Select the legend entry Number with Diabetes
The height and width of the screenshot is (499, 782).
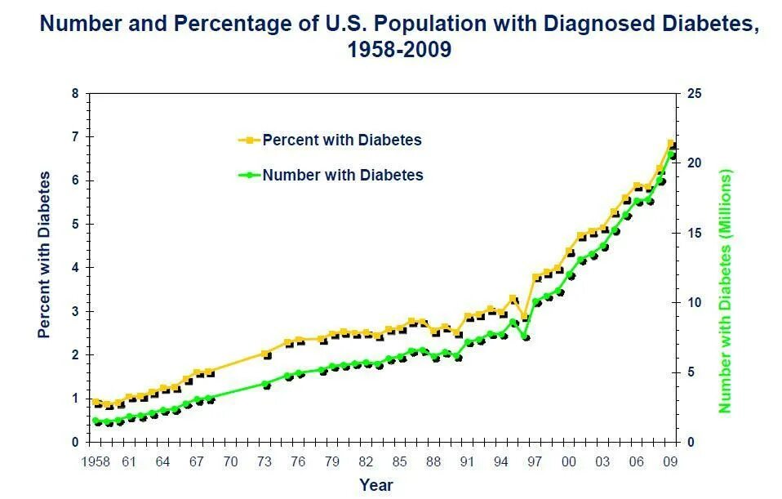[342, 175]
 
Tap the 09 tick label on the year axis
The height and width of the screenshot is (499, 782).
[670, 462]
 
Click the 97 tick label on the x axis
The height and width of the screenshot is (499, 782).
[535, 462]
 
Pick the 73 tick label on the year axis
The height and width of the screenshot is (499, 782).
[264, 462]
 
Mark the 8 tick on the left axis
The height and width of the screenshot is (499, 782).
[76, 94]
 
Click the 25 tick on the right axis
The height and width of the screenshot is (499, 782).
[695, 94]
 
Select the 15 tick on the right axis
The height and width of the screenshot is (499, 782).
[695, 234]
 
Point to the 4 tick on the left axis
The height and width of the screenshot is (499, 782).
[76, 268]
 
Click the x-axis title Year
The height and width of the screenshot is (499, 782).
[376, 485]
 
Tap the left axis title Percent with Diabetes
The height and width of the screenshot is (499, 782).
[44, 254]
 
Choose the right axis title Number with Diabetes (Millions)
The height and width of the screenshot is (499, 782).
[724, 290]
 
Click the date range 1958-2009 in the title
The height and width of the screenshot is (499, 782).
[399, 50]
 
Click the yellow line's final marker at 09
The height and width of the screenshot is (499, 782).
[671, 144]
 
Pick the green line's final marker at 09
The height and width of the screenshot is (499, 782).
[671, 154]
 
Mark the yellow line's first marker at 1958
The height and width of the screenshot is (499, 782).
[96, 402]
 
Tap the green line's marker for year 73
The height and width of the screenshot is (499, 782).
[265, 383]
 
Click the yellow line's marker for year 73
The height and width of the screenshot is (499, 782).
[265, 354]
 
